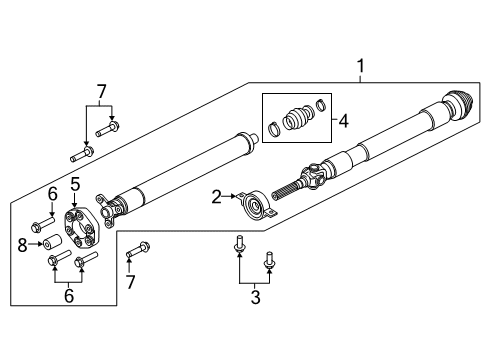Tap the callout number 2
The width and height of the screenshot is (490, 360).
[216, 196]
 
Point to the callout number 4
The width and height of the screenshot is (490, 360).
[344, 123]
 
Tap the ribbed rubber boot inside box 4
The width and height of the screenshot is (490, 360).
[297, 118]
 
